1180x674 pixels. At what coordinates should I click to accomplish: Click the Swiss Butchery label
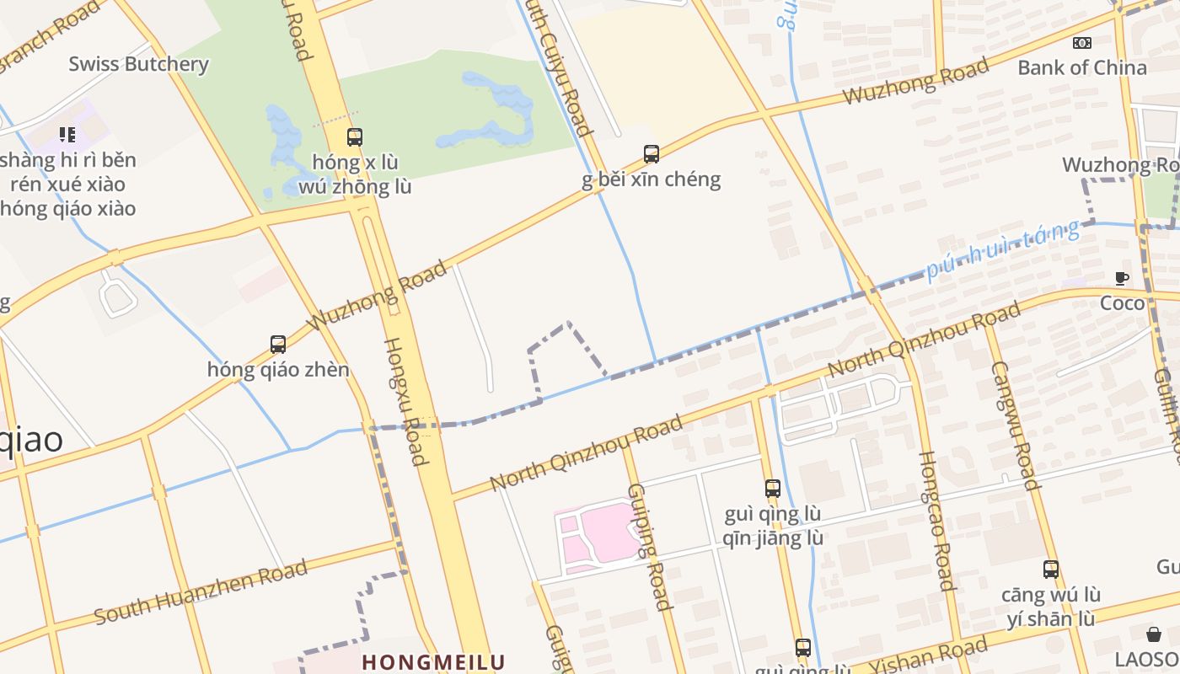coord(138,64)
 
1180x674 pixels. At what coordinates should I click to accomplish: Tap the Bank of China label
coord(1082,67)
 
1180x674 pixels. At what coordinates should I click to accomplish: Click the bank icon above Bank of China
coord(1081,43)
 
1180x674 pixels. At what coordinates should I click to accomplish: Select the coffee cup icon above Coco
coord(1122,278)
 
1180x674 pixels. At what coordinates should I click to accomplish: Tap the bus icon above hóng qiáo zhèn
coord(278,344)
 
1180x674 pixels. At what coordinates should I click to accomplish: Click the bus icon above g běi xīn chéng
coord(652,153)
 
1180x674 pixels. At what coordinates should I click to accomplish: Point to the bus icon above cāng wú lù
coord(1050,570)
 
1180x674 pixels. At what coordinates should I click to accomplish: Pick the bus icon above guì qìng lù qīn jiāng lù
coord(773,488)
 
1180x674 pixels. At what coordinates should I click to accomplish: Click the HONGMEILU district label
coord(433,662)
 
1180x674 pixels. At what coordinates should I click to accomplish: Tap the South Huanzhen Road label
coord(201,593)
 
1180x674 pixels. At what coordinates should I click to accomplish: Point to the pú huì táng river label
coord(1003,249)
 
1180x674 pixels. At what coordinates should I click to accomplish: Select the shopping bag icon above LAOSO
coord(1154,634)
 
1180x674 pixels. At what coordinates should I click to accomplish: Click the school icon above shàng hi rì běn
coord(67,134)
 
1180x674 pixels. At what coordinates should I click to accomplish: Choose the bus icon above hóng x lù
coord(355,136)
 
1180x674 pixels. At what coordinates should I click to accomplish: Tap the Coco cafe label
coord(1123,303)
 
